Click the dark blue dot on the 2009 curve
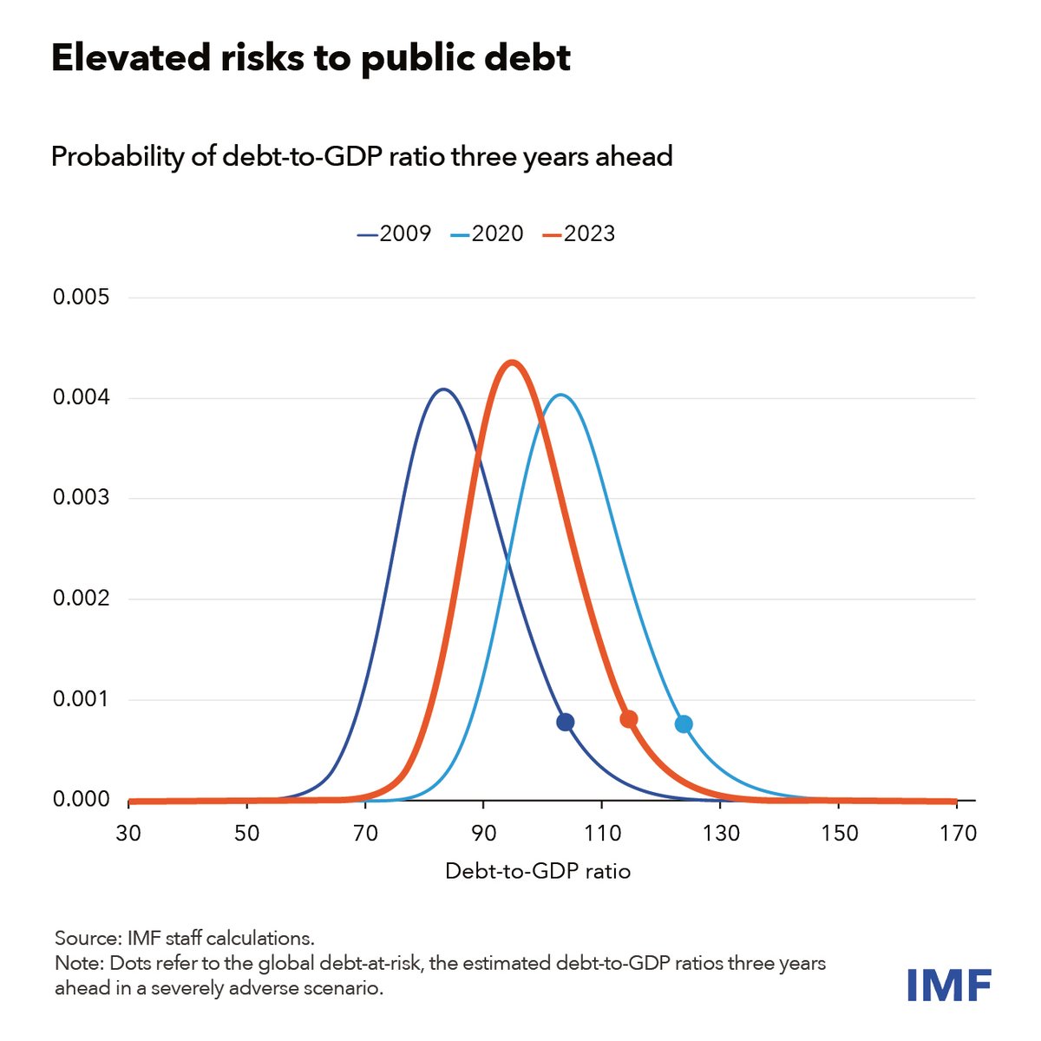coord(566,722)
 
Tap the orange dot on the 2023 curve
coord(629,719)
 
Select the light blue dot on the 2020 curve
coord(684,723)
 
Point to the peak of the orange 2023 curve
coord(512,363)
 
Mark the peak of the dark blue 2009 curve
coord(443,390)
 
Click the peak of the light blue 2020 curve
coord(560,395)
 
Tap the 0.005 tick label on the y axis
coord(82,298)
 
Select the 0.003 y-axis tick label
coord(82,498)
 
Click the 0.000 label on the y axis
coord(82,799)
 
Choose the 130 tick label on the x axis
coord(721,834)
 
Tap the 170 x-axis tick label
coord(958,834)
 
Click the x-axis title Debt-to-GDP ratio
coord(538,871)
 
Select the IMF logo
coord(949,985)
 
